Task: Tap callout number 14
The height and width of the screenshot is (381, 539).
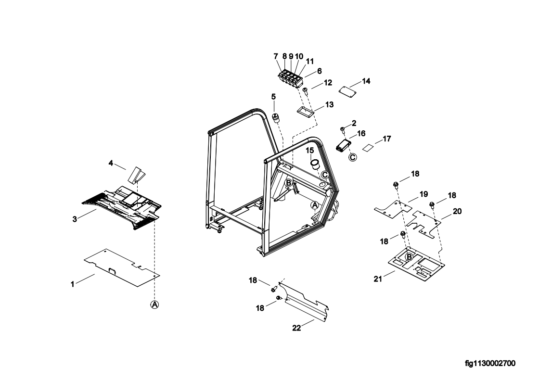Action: coord(366,81)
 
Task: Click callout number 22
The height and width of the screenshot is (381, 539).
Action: coord(297,329)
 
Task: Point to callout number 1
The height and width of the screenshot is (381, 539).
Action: coord(73,284)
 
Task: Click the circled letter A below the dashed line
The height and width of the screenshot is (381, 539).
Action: coord(154,304)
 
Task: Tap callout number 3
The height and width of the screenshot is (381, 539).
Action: coord(75,219)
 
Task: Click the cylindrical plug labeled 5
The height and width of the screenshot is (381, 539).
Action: coord(277,117)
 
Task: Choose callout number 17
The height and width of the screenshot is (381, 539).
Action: coord(387,139)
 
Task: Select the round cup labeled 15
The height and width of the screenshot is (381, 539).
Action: coord(315,165)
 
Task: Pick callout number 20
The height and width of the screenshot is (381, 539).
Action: coord(457,211)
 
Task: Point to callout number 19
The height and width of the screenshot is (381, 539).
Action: coord(423,194)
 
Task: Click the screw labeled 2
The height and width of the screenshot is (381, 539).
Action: coord(342,129)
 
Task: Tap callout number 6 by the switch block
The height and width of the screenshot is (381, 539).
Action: coord(319,71)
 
